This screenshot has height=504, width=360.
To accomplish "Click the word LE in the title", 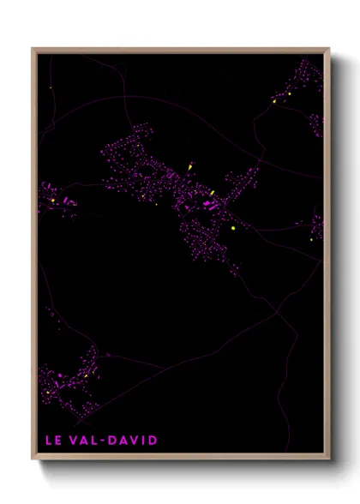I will (53, 441).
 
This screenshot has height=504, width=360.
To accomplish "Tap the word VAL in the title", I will (85, 441).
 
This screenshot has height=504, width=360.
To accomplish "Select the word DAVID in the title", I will (134, 441).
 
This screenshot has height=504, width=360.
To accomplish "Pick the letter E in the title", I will (59, 441).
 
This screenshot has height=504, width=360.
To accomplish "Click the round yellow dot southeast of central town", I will (232, 229).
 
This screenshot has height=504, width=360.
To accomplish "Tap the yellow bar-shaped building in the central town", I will (212, 193).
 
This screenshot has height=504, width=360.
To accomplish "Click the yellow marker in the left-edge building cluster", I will (53, 201).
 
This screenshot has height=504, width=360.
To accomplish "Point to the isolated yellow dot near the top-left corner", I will (51, 88).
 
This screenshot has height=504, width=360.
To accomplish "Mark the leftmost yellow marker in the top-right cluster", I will (273, 101).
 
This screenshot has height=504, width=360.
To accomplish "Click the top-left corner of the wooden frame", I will (33, 49).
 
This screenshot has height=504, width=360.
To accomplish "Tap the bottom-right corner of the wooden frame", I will (329, 458).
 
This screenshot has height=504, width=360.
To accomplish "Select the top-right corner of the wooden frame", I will (329, 49).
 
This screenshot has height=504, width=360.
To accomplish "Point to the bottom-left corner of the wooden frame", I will (33, 458).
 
